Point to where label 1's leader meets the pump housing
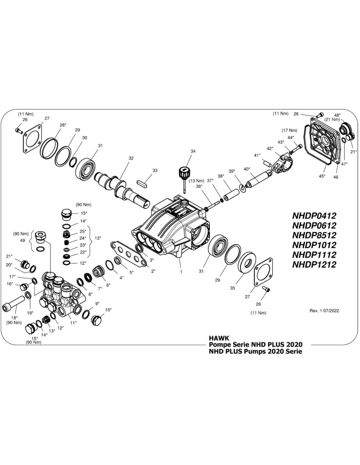(x=179, y=258)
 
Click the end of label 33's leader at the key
(x=146, y=182)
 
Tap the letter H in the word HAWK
(x=211, y=338)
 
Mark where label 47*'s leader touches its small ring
(x=343, y=140)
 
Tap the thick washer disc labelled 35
(x=247, y=262)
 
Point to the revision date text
(x=324, y=311)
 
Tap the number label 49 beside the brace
(x=23, y=240)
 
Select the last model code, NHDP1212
(x=314, y=265)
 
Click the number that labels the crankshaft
(x=131, y=158)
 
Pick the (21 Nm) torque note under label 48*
(x=332, y=119)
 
